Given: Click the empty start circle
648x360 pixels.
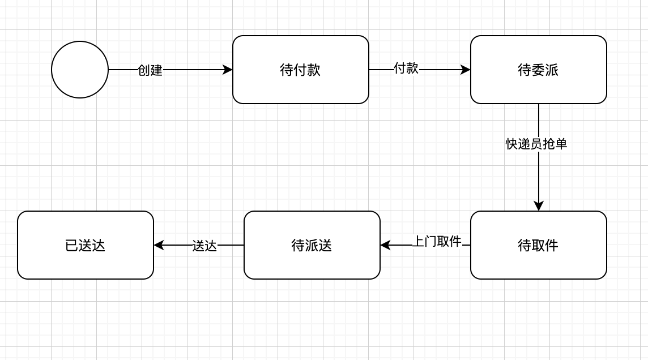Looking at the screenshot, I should click(80, 70).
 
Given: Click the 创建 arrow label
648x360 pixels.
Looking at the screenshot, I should click(150, 70).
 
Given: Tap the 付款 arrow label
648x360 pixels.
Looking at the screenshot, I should click(406, 68).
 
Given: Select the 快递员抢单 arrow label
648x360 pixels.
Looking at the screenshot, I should click(536, 144).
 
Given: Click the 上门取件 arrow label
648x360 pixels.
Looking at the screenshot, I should click(437, 242).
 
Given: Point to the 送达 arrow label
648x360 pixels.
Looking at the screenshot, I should click(204, 246).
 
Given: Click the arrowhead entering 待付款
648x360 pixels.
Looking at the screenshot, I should click(228, 70).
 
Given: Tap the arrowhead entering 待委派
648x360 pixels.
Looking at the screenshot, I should click(466, 70).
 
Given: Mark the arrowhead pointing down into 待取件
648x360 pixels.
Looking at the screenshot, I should click(539, 205).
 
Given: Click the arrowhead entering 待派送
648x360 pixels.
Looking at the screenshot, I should click(386, 245).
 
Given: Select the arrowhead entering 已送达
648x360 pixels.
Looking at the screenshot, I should click(159, 245).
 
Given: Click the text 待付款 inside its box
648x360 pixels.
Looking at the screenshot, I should click(300, 70).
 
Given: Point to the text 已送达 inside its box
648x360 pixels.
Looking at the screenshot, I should click(86, 245).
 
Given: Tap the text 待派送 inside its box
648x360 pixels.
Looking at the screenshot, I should click(312, 245).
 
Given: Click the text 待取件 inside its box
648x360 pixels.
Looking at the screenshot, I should click(538, 245).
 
